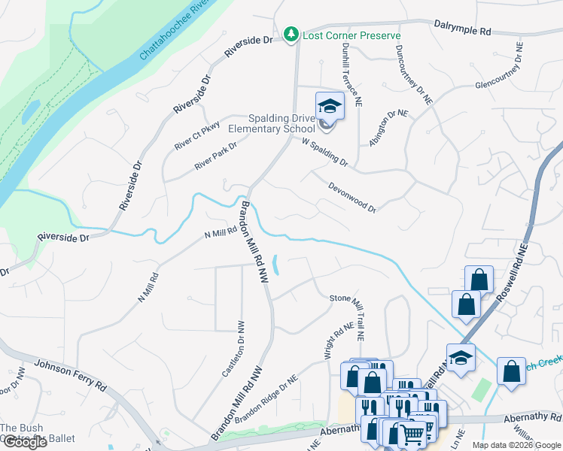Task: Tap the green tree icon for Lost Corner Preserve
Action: point(291,35)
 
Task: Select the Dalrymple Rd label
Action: point(462,29)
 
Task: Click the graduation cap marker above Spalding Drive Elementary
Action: point(329,107)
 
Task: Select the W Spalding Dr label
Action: point(324,152)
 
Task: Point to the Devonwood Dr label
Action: point(351,197)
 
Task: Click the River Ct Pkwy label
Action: point(196,135)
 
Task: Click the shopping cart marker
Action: point(411,433)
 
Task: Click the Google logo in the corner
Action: point(24,442)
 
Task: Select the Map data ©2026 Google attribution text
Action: point(516,445)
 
